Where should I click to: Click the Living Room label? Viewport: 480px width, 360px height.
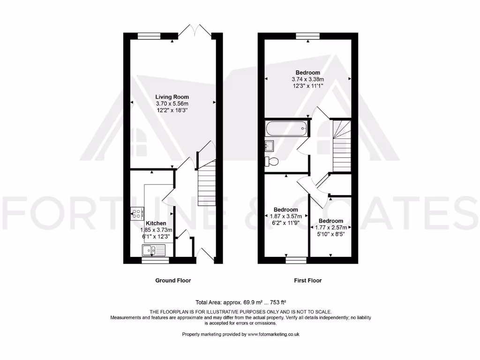tap(172, 97)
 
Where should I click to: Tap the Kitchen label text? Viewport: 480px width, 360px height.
tap(156, 224)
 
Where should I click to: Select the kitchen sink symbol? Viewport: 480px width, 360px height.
tap(154, 251)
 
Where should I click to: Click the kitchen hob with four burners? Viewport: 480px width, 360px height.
tap(137, 214)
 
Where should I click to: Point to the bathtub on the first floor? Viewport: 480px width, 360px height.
tap(285, 128)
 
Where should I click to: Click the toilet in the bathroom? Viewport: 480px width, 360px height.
tap(271, 162)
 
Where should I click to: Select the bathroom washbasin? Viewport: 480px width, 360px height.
tap(270, 145)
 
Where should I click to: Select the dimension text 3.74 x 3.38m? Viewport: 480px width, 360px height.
tap(307, 79)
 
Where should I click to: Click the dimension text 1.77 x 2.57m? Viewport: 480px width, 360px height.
tap(331, 227)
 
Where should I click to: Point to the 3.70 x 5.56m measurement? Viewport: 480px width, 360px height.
tap(172, 103)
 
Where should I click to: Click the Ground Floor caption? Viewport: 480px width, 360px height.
tap(173, 280)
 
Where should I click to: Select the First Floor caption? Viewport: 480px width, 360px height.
tap(307, 280)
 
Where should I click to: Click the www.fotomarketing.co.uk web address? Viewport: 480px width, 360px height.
tap(273, 334)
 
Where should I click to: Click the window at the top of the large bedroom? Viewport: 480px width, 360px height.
tap(307, 36)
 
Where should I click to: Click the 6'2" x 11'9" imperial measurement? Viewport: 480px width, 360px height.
tap(285, 223)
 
